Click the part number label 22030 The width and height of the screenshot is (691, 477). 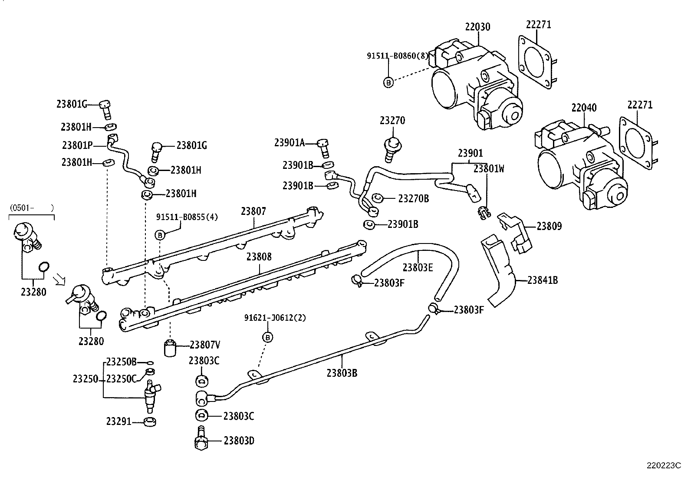point(477,27)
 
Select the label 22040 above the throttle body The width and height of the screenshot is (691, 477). point(584,108)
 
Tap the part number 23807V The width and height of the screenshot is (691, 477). point(205,345)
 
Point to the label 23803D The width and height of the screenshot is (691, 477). point(239,441)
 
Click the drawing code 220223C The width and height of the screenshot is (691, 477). point(664,466)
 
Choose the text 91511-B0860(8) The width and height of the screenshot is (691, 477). point(397,56)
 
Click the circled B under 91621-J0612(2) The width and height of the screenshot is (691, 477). point(268,337)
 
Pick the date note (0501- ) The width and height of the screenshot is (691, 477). point(31,208)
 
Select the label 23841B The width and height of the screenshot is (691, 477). point(543,280)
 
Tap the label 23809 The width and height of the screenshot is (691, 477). point(549,226)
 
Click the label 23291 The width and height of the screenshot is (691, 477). point(118,421)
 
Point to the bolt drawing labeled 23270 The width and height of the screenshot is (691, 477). point(392,147)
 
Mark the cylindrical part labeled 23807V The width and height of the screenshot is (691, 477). point(171,348)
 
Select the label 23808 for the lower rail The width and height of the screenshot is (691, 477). point(259,257)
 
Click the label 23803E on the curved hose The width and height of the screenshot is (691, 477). point(418,267)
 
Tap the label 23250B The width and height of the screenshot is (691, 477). point(122,362)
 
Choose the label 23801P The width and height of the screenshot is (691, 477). point(77,145)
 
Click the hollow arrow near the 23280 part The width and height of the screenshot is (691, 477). point(58,278)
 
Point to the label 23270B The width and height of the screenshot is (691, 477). point(413,198)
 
